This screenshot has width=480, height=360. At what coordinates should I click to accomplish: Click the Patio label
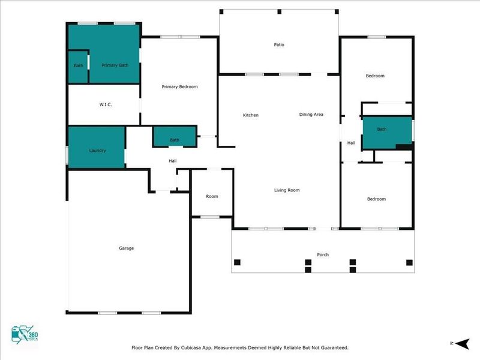coord(279,44)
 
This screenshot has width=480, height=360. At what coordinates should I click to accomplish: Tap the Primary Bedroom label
coord(179,86)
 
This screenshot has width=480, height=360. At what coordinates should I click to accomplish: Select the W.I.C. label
coord(106,105)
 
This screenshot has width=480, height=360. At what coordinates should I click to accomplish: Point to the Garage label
coord(126,248)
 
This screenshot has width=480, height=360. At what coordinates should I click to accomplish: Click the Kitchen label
coord(251,115)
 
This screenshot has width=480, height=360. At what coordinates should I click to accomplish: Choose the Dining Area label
coord(311,114)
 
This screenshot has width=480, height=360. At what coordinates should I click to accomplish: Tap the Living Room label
coord(287,190)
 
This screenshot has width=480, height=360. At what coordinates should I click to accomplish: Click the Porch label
coord(323,254)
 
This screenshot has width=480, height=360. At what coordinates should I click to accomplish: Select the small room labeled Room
coord(212,196)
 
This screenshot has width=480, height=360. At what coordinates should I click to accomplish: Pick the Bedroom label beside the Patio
coord(375,76)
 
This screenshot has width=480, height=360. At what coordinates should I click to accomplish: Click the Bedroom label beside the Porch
coord(376,199)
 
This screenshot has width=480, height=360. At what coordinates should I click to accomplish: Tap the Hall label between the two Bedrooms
coord(352,143)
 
